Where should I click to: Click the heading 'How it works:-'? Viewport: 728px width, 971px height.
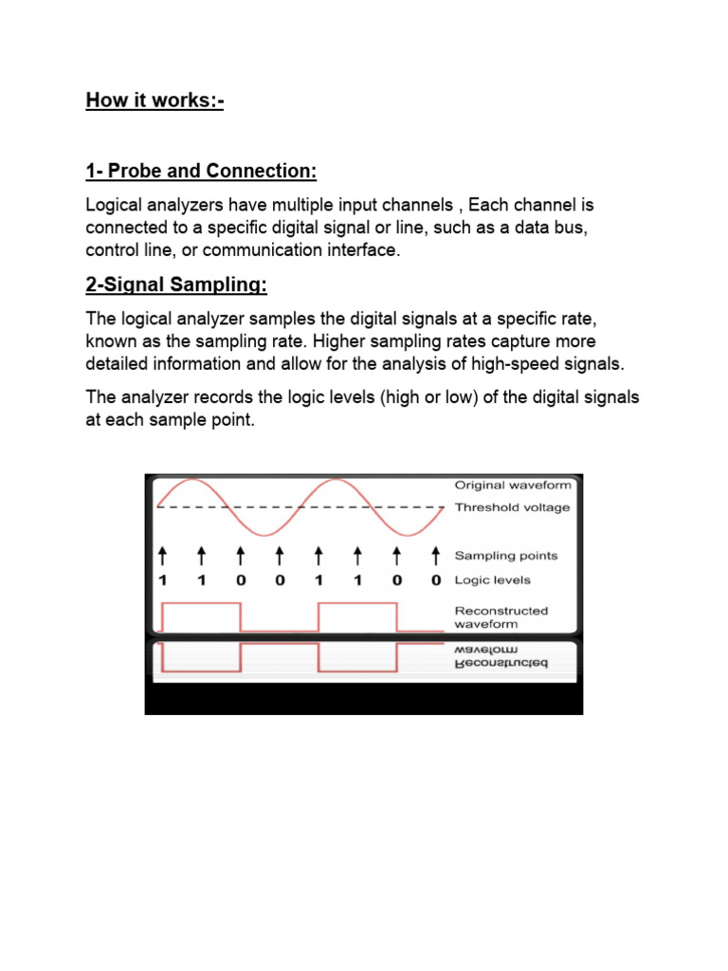tap(155, 100)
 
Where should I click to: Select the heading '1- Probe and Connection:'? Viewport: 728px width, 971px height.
tap(201, 171)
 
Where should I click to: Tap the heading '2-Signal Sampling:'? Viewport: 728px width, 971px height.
tap(176, 285)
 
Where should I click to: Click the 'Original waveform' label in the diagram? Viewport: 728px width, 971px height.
tap(513, 485)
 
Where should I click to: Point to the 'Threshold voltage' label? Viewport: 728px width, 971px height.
tap(513, 507)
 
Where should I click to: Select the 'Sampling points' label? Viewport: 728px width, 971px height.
tap(506, 556)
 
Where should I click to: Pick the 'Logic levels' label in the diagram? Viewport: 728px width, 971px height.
tap(493, 579)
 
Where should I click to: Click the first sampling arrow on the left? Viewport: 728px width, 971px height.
tap(162, 555)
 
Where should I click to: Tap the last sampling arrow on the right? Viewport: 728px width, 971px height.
tap(435, 555)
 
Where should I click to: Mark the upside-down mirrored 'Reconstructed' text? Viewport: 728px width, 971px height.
tap(501, 665)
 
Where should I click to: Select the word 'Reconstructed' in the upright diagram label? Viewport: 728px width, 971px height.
tap(501, 611)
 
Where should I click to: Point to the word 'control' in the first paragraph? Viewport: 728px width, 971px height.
tap(113, 250)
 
